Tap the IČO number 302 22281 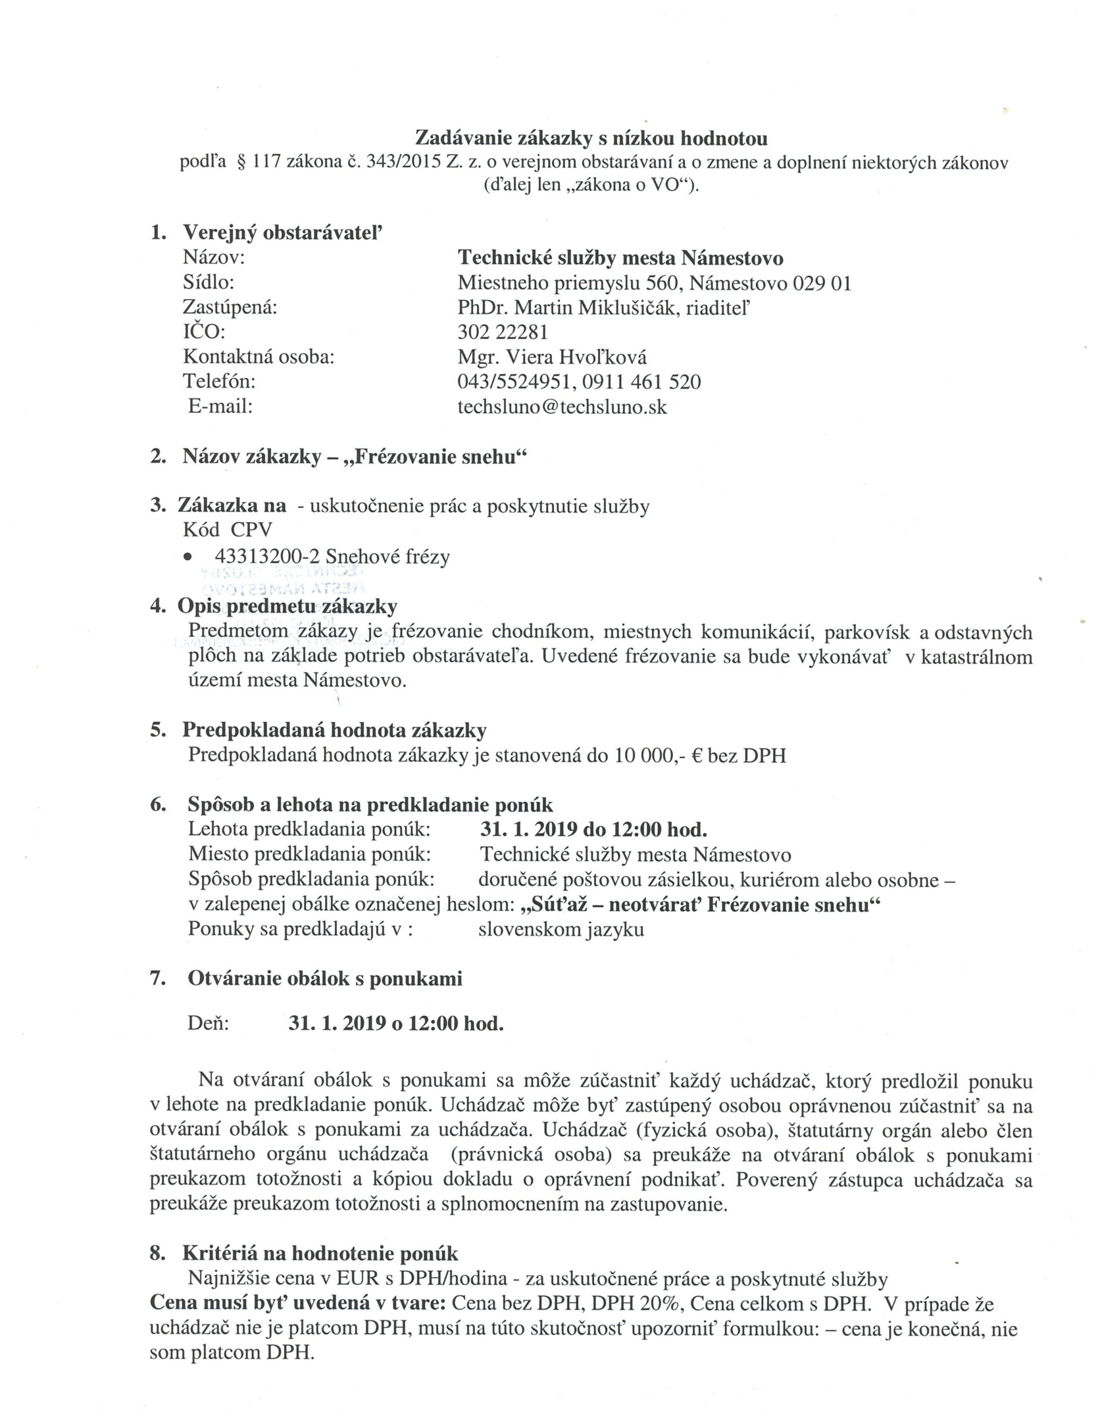(503, 333)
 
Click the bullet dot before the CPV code (189, 557)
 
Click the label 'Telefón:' (220, 382)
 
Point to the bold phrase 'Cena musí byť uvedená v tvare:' (298, 1303)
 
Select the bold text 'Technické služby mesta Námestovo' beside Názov (620, 258)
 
